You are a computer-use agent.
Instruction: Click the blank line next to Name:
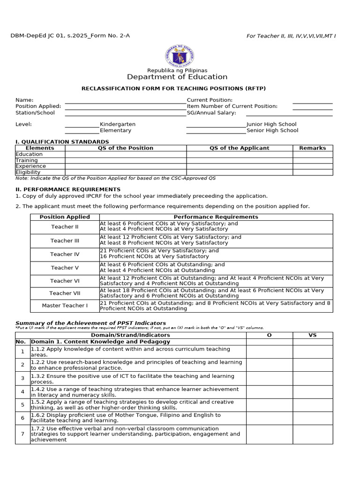(x=125, y=100)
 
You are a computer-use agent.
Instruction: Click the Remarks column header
(x=313, y=148)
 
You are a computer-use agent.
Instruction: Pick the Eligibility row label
(x=28, y=172)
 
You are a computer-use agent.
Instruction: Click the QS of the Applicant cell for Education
(x=240, y=154)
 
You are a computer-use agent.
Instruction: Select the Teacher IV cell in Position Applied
(x=65, y=255)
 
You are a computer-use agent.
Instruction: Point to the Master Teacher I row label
(x=65, y=306)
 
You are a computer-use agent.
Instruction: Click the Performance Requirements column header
(x=216, y=217)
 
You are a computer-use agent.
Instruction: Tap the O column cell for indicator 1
(x=269, y=352)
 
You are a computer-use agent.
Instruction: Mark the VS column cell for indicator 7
(x=313, y=434)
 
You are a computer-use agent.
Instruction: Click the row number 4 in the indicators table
(x=22, y=392)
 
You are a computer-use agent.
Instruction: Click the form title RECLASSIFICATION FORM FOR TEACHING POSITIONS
(x=177, y=89)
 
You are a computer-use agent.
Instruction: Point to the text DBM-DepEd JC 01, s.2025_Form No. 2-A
(x=70, y=36)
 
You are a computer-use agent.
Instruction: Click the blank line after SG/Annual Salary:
(x=289, y=113)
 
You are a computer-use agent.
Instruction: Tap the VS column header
(x=313, y=335)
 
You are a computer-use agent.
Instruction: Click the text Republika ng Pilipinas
(x=177, y=70)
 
